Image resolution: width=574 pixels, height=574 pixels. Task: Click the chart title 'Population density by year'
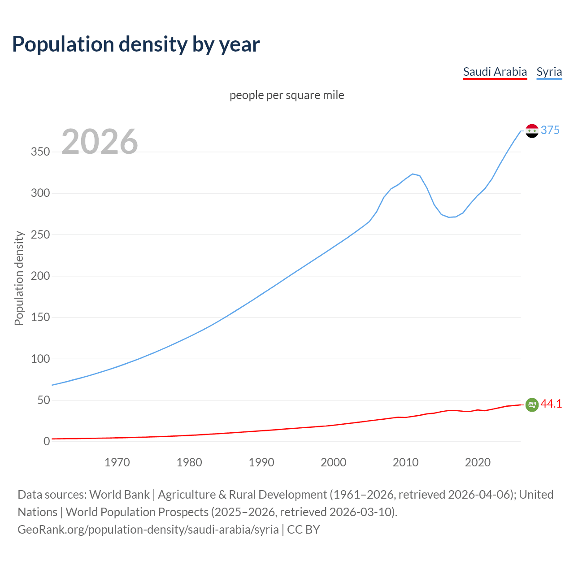click(136, 44)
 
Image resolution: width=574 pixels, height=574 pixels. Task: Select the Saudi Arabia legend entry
click(495, 72)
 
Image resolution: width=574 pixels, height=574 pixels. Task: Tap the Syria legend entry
click(549, 72)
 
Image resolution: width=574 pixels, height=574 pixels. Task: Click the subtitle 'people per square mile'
click(287, 95)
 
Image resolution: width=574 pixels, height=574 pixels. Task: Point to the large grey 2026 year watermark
click(100, 142)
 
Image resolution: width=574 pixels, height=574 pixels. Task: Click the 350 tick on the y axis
click(40, 152)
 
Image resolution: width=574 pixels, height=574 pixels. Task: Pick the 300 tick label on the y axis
click(40, 193)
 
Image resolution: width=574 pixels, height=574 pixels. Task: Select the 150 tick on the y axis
click(40, 317)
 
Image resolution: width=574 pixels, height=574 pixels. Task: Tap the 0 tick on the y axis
click(47, 441)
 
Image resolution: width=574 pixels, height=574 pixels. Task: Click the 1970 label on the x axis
click(117, 462)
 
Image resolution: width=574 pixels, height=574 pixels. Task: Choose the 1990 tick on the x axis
click(261, 462)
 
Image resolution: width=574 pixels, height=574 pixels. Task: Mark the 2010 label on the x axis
click(405, 462)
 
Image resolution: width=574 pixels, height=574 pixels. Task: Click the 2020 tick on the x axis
click(478, 462)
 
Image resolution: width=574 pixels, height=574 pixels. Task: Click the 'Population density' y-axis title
click(19, 278)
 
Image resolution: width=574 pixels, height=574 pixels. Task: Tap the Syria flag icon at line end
click(532, 131)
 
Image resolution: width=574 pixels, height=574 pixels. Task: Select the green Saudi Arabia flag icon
click(532, 404)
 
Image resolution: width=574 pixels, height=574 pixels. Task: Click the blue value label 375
click(550, 130)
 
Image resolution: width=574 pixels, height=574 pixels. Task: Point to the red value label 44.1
click(551, 404)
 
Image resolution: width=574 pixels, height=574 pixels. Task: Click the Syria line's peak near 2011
click(413, 174)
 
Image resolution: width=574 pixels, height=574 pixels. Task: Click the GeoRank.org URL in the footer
click(148, 530)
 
